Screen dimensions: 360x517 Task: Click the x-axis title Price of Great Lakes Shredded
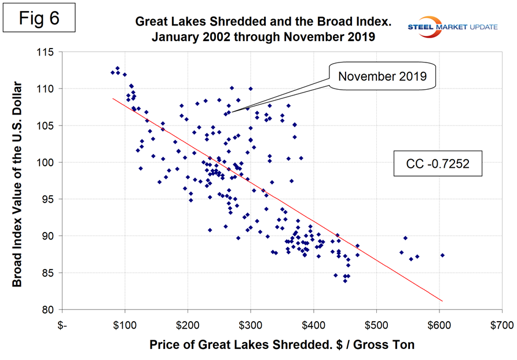282,346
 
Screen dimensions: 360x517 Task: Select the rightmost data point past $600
442,255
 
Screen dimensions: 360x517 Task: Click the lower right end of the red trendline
443,301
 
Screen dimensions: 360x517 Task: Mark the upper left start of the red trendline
112,98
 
